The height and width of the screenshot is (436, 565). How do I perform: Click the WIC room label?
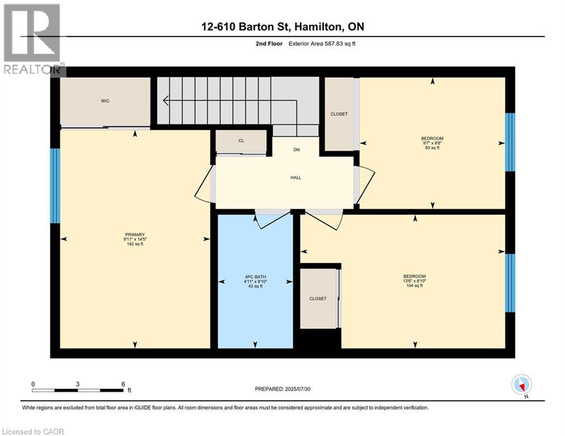[105, 101]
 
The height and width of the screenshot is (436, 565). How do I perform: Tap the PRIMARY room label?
[135, 234]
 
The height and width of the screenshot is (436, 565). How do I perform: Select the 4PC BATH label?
[255, 277]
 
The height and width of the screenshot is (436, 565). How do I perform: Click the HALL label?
[295, 178]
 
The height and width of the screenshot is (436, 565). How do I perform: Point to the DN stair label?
[296, 150]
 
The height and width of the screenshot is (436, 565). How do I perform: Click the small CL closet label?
[241, 141]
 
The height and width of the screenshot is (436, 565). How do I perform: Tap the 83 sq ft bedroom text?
[432, 148]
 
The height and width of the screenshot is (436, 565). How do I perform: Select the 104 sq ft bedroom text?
[415, 286]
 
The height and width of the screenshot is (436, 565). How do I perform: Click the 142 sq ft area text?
[135, 244]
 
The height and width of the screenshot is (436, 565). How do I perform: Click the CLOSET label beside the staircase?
[339, 114]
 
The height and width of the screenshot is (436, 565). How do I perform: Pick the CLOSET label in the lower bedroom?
[318, 299]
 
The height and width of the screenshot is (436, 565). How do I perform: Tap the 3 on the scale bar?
[78, 384]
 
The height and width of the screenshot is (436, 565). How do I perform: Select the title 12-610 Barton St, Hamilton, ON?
[282, 27]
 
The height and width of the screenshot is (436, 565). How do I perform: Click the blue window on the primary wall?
[55, 186]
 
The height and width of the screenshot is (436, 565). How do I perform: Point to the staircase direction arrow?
[166, 101]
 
